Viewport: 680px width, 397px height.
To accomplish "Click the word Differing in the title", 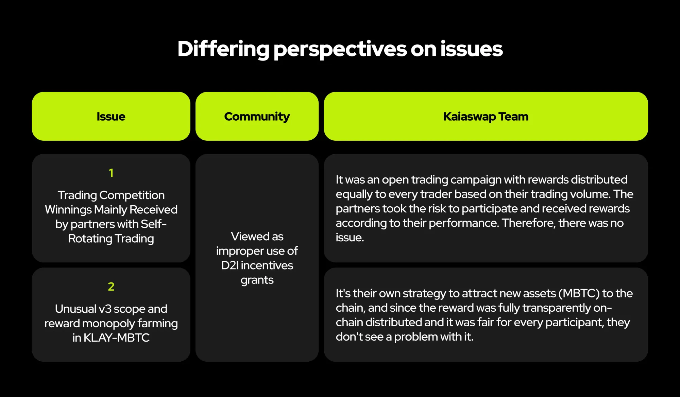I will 223,49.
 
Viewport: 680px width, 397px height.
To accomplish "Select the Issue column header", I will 111,117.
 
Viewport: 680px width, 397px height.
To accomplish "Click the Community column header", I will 257,117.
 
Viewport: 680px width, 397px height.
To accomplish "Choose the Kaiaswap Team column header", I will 486,117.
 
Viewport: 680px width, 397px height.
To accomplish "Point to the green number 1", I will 111,173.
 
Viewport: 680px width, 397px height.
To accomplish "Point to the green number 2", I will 111,287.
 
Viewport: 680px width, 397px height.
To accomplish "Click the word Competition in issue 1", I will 132,195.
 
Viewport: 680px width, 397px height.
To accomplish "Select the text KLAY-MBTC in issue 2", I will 116,338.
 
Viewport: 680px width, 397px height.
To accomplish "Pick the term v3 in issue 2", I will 105,309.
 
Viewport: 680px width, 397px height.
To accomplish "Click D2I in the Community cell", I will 230,265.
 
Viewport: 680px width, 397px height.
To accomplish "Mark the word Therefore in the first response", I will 528,223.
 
